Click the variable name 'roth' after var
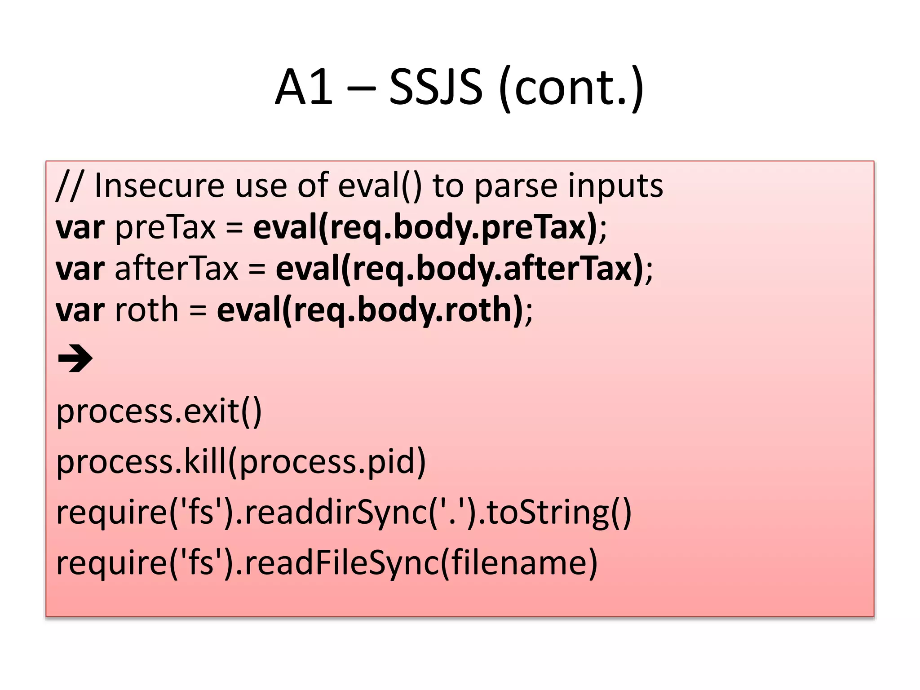pyautogui.click(x=147, y=310)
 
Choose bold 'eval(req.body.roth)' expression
pyautogui.click(x=370, y=310)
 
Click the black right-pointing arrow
pyautogui.click(x=75, y=358)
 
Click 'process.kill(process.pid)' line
pyautogui.click(x=241, y=461)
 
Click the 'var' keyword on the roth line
pyautogui.click(x=80, y=310)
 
